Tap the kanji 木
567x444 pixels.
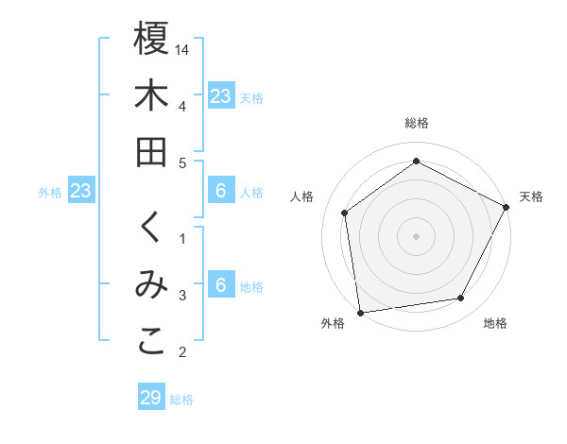151,95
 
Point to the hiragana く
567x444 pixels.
151,230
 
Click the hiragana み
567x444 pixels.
151,287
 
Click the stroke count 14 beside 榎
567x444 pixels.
182,48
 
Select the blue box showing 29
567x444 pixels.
151,398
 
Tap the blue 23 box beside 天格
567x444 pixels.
220,95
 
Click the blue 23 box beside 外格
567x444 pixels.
80,192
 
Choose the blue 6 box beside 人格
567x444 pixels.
220,192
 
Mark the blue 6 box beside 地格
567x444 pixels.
220,286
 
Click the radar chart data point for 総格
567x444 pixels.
416,161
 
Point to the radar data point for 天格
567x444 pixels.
507,207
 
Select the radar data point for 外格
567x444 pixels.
360,312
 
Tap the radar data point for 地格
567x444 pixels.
461,299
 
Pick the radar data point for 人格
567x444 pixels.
345,213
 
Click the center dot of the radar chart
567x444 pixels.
416,235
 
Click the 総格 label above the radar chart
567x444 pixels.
416,123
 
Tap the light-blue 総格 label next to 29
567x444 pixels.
181,400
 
